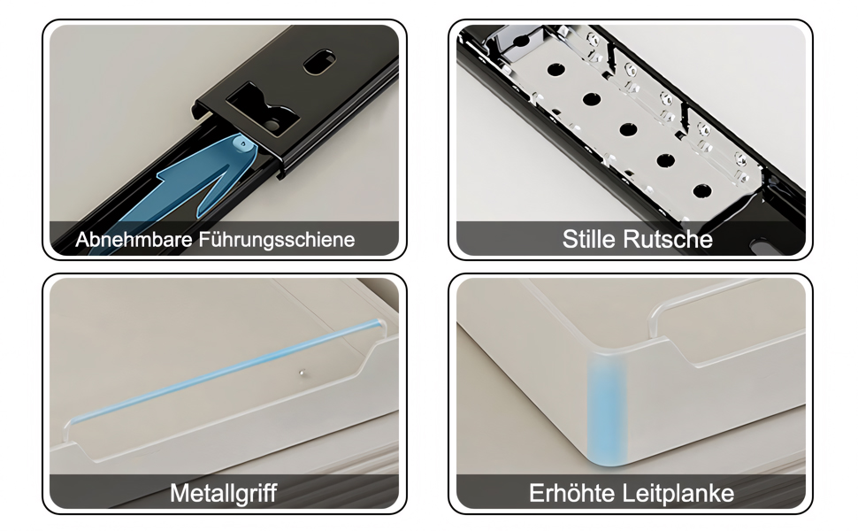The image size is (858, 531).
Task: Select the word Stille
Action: pos(589,239)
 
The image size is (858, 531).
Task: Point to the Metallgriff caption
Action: pos(223,493)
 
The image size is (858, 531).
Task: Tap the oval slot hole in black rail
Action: pos(320,62)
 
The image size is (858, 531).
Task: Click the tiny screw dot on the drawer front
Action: pos(301,373)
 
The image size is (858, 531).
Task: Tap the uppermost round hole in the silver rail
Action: pos(555,70)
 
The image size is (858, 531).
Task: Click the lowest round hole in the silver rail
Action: pos(702,191)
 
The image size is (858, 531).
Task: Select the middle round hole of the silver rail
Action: pos(628,130)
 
